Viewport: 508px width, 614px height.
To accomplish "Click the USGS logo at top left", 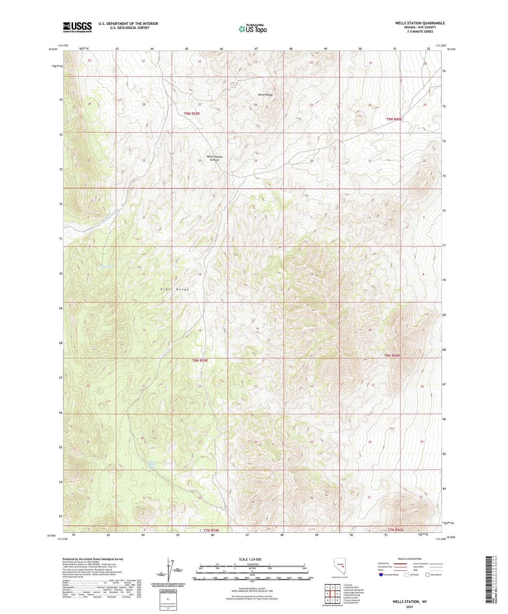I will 77,27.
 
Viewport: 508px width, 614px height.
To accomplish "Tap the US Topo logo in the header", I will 252,29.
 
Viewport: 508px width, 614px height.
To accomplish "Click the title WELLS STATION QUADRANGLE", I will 420,23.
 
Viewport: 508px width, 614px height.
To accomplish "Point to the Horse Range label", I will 265,95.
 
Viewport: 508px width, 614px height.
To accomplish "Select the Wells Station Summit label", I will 214,158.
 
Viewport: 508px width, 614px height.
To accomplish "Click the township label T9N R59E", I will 192,114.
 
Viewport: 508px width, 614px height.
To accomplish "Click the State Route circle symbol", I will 427,575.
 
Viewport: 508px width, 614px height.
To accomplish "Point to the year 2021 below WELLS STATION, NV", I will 410,607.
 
